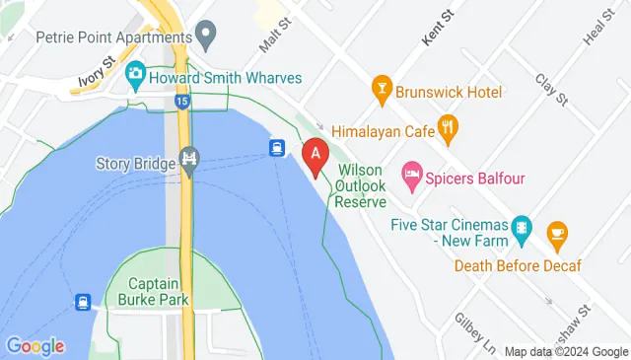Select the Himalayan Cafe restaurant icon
point(450,126)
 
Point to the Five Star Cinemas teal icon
point(522,232)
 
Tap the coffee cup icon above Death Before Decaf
point(558,233)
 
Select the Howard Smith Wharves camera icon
point(135,75)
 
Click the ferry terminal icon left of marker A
point(278,149)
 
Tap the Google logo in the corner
point(35,345)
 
